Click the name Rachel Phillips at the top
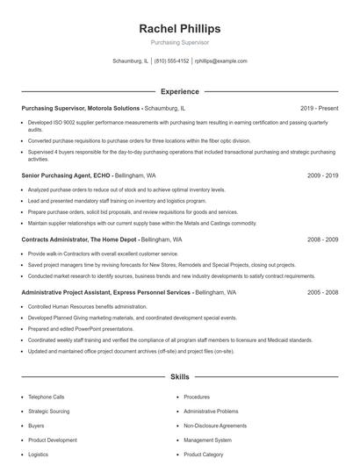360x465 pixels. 179,28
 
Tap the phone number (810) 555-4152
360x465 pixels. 171,61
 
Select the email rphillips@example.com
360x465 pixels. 220,61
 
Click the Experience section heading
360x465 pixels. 179,91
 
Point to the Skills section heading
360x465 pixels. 179,377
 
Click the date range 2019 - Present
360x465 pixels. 319,108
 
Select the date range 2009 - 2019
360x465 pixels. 322,175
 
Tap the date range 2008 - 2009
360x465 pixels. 322,239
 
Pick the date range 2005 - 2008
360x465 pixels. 322,292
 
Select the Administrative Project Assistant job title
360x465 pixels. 105,292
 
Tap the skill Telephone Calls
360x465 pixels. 46,397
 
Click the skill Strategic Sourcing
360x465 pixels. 49,411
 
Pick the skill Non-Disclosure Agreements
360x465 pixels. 214,426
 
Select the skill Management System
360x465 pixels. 207,440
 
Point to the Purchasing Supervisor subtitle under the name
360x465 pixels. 179,42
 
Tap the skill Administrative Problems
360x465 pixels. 211,411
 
